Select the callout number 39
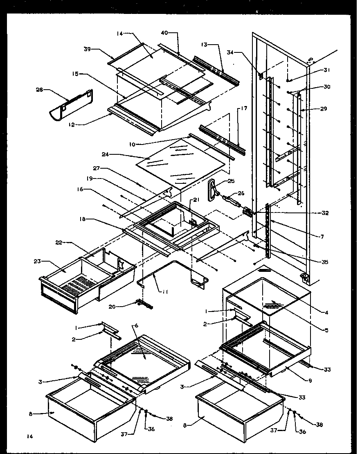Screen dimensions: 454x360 point(87,49)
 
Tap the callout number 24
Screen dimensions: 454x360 point(105,155)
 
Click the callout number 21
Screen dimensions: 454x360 point(196,200)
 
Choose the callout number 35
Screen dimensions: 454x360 point(325,262)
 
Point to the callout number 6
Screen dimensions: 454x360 point(136,325)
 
